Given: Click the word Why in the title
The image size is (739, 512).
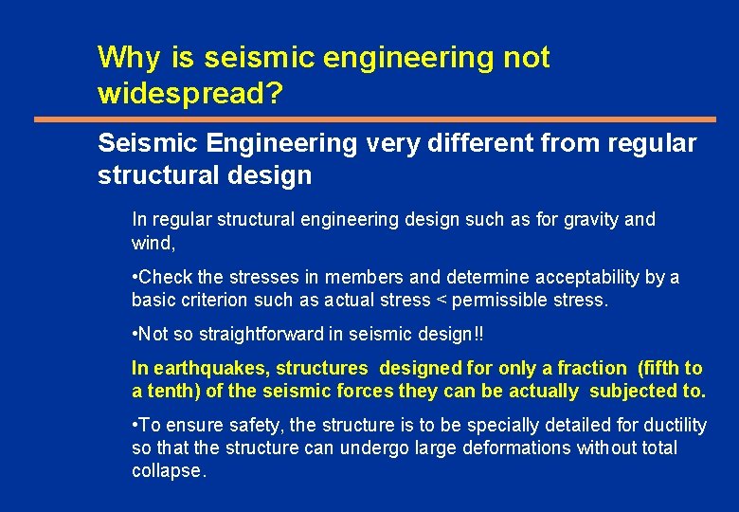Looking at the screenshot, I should [x=129, y=58].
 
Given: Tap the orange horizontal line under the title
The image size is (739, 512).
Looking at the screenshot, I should [x=375, y=119].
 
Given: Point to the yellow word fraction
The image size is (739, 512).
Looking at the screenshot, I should [x=593, y=368].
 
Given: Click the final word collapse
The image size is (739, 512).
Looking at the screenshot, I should [x=168, y=470].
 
